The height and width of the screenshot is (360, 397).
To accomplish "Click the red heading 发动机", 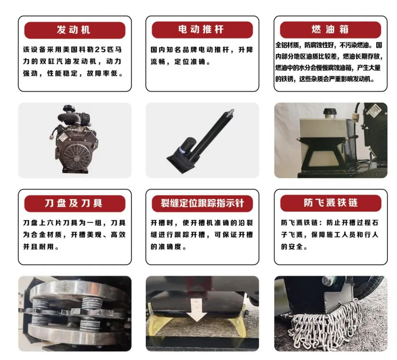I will tap(74, 30).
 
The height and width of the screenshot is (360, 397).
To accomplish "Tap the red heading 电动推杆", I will tap(202, 30).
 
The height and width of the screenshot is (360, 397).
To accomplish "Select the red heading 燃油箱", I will tap(330, 30).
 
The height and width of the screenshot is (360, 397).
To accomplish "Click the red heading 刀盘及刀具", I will tap(74, 203).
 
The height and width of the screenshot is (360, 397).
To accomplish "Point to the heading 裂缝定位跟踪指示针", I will tap(202, 203).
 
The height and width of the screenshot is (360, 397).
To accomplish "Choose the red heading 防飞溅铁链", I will tap(330, 203).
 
